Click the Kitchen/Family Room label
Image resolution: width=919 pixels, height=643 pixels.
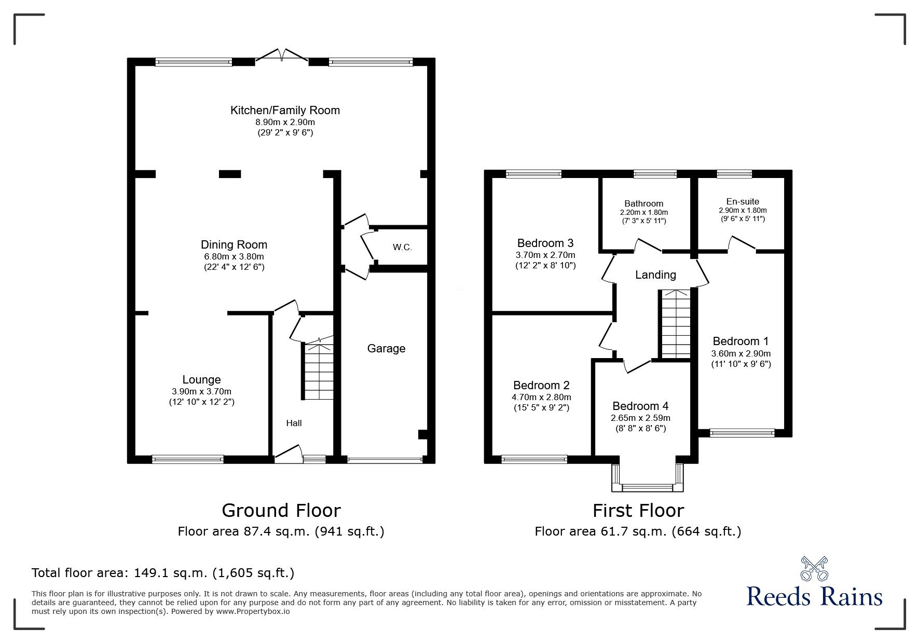point(285,110)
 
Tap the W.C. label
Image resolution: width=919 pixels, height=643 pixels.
point(402,248)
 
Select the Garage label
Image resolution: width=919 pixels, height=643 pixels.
point(386,349)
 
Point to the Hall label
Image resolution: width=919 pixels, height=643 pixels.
point(294,423)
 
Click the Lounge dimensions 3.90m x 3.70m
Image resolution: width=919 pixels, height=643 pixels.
point(201,391)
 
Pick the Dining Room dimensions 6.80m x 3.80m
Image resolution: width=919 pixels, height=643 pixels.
point(234,256)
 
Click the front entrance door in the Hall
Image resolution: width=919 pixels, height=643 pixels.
point(288,454)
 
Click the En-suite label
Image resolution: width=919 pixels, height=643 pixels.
point(743,201)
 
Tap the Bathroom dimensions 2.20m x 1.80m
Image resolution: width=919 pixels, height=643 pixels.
point(643,213)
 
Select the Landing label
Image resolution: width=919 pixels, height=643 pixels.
point(655,275)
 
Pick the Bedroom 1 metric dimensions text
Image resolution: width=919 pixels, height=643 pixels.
point(740,353)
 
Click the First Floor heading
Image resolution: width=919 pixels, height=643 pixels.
point(638,511)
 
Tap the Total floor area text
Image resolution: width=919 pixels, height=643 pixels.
point(163,573)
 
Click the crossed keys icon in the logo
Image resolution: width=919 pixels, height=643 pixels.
point(814,569)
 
